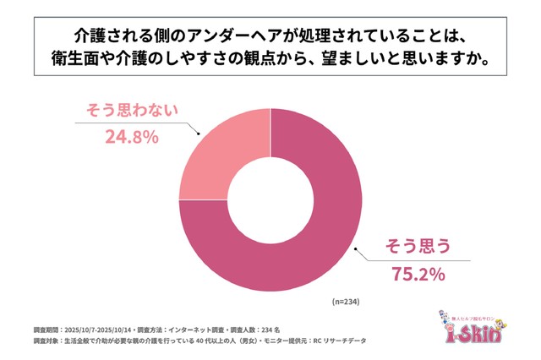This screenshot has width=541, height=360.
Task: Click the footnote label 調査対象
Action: pos(46,341)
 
